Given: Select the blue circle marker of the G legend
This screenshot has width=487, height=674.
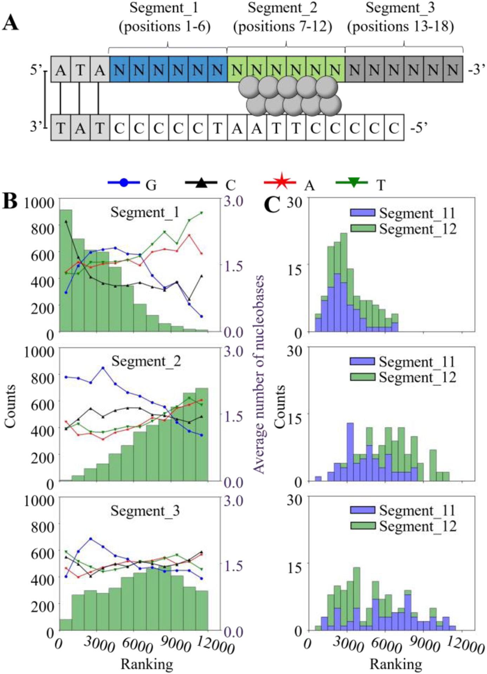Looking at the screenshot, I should tap(124, 183).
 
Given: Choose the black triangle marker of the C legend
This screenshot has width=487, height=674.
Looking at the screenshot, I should tap(201, 182).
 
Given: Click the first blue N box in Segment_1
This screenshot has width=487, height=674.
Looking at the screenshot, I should tap(119, 70).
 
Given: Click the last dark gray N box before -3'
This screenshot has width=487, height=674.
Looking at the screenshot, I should tap(453, 70).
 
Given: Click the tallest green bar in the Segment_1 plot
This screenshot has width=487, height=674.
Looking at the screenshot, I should tap(66, 270).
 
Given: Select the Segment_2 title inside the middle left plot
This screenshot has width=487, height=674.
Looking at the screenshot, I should tap(146, 361).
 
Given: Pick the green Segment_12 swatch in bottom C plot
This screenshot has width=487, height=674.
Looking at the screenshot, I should tap(363, 526).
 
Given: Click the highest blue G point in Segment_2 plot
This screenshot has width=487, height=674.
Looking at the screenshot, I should tap(103, 368).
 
